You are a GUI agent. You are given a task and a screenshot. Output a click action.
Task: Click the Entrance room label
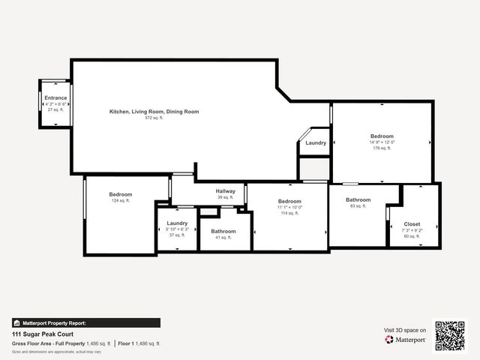point(55,97)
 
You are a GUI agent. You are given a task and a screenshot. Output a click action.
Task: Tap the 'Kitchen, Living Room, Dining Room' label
point(154,111)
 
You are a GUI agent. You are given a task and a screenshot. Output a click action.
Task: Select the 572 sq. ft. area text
point(154,118)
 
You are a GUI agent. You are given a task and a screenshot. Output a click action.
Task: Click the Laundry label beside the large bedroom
point(316,142)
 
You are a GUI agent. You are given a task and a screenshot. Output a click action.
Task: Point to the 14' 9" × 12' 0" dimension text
point(382,142)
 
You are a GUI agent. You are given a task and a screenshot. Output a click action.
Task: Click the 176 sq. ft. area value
point(382,148)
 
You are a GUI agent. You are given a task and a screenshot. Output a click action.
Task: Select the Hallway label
point(226,191)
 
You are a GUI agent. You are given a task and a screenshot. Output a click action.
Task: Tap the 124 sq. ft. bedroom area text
point(120,201)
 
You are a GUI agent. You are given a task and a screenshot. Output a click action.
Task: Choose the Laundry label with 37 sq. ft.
point(177,223)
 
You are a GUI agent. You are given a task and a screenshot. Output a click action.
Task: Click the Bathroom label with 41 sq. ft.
point(223,231)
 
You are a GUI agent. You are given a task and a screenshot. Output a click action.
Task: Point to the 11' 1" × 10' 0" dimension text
point(289,207)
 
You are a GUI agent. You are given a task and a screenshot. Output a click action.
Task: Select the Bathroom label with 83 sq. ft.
point(358,199)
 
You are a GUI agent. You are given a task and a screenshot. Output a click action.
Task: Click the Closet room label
point(412,223)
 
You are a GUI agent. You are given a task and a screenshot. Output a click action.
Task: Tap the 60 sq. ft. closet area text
point(412,236)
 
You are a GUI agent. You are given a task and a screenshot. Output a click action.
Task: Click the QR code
point(450,335)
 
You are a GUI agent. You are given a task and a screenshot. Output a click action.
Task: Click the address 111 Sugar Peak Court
point(37,334)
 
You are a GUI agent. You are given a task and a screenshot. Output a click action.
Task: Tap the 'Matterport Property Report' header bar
point(85,322)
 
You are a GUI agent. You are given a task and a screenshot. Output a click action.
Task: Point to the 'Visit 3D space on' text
point(405,330)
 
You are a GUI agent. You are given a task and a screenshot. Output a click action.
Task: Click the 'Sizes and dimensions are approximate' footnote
point(56,351)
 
